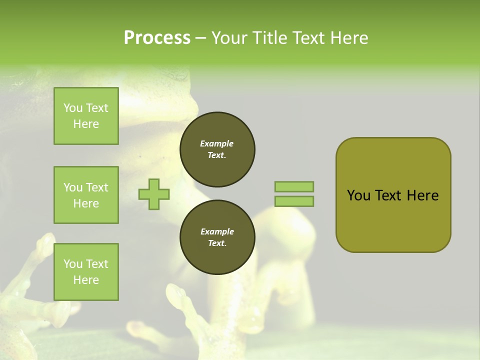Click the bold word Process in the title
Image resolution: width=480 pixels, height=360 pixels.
[x=157, y=38]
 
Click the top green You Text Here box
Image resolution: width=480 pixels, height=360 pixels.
[x=86, y=116]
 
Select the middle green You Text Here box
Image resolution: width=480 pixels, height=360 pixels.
[x=86, y=195]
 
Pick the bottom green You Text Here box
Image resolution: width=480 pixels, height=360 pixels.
[x=86, y=272]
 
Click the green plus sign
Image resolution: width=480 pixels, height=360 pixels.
[x=154, y=194]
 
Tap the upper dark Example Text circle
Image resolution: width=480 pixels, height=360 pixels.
[x=217, y=149]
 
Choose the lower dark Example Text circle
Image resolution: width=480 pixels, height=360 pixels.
[x=217, y=237]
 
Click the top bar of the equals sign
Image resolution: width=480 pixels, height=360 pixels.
[x=294, y=186]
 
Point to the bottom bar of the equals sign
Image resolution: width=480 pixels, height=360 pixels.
[x=294, y=201]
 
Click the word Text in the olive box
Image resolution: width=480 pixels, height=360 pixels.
[x=388, y=195]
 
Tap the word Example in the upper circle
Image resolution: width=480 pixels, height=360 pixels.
[x=217, y=144]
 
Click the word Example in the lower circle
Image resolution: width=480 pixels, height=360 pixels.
[x=217, y=232]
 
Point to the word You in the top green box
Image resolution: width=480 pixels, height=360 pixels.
[x=72, y=108]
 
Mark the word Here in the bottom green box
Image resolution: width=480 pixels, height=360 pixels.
[x=86, y=280]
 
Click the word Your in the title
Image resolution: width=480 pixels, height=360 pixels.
[x=229, y=38]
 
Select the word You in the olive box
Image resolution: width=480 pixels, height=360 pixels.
[x=358, y=195]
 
